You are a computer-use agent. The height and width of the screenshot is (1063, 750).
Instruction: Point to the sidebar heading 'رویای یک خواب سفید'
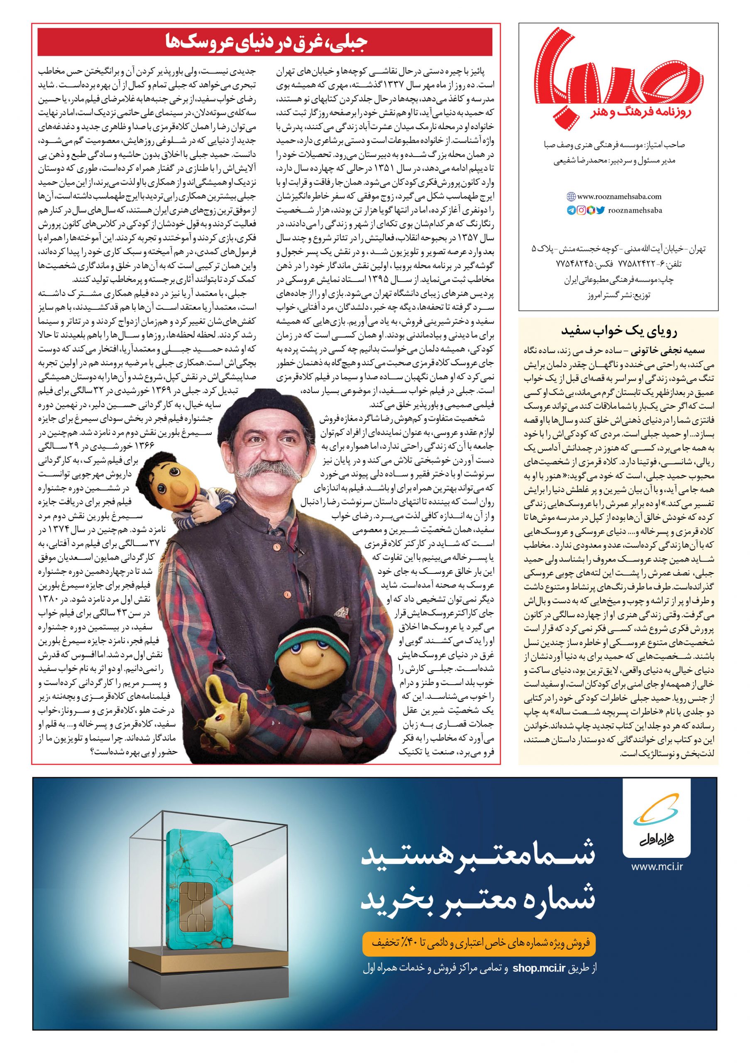618,331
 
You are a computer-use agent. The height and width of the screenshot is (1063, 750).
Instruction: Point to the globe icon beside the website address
570,196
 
